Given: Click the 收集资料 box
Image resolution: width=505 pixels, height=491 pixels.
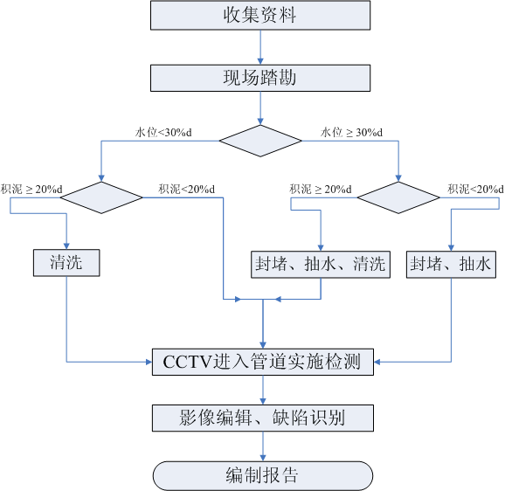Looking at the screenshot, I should [261, 15].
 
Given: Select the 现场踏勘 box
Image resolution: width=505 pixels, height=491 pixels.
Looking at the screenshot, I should [261, 78].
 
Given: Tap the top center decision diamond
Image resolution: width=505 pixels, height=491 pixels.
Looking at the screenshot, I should [260, 141].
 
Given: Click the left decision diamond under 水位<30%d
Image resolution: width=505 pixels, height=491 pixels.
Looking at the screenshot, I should [103, 197].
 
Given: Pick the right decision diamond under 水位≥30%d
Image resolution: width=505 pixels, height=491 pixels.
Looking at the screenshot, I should [399, 197].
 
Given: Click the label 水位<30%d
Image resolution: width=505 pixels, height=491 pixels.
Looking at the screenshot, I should [163, 132].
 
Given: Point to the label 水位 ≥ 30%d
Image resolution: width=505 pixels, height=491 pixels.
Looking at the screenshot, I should [350, 132].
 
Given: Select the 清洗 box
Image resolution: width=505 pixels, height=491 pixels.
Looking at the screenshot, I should [66, 261].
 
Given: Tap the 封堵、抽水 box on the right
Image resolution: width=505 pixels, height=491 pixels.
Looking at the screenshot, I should [451, 264].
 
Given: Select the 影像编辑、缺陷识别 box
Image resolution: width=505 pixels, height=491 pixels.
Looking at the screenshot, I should [263, 418].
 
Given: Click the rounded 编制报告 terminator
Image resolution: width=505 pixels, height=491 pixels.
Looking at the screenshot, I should [263, 475].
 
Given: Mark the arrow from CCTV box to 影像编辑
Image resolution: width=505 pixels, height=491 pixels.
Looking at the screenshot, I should [263, 390].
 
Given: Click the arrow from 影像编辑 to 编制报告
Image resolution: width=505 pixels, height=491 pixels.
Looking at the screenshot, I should [263, 446].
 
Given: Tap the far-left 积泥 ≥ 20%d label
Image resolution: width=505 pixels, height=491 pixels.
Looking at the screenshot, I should [31, 189].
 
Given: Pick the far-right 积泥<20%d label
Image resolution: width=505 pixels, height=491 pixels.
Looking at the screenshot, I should [476, 189].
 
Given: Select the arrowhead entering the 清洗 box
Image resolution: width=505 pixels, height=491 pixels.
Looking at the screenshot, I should [66, 245].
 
